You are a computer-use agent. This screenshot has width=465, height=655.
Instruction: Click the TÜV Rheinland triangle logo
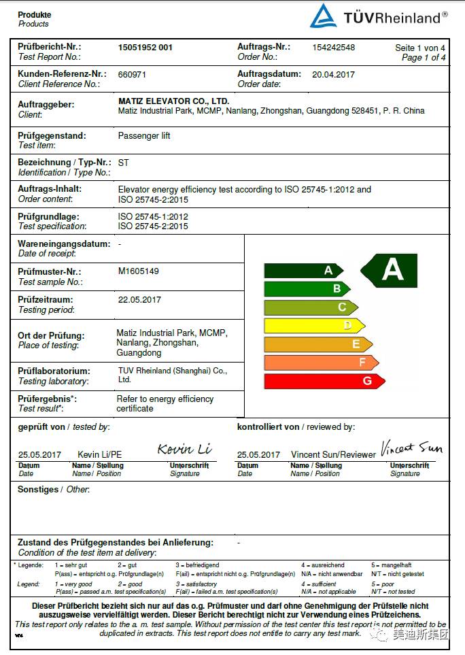tap(324, 16)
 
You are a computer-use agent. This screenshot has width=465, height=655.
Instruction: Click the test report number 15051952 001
tap(145, 48)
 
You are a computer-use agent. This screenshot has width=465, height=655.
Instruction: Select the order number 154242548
tap(333, 48)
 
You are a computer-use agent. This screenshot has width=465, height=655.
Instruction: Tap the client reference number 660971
tap(132, 75)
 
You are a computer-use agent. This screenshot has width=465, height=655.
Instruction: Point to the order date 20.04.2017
tap(333, 74)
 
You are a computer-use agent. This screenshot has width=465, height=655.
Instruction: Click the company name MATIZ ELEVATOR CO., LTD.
tap(173, 101)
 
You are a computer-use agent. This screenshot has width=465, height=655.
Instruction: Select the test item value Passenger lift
tap(144, 136)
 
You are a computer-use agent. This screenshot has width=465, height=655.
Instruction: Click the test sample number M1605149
tap(139, 271)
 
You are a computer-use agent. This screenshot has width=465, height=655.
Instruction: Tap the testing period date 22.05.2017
tap(139, 299)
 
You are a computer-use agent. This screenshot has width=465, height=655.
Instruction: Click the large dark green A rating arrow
tap(390, 270)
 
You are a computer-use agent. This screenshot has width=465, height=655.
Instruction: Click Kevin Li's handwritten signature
tap(184, 449)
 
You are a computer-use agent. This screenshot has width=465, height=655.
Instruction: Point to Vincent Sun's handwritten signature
tap(411, 448)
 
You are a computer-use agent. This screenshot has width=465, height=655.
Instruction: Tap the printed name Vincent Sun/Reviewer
tap(333, 454)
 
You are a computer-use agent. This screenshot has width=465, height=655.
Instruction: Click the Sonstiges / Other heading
tap(54, 490)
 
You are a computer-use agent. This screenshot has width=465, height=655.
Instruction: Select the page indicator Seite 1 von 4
tap(420, 48)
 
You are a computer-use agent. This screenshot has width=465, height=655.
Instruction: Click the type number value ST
tap(124, 163)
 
